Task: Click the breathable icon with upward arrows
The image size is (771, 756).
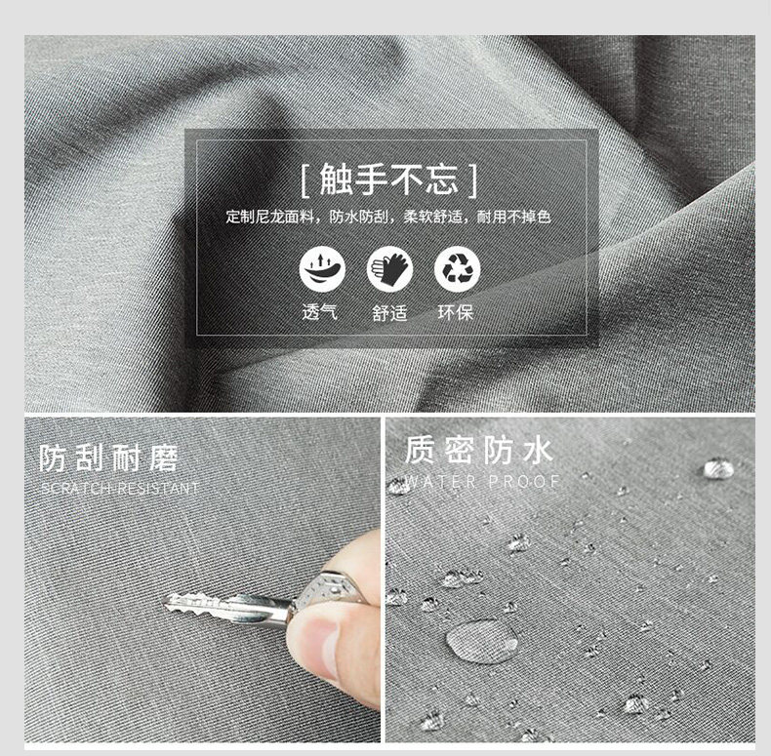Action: tap(323, 269)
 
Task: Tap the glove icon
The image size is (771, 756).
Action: tap(390, 269)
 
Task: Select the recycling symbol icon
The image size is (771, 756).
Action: tap(458, 269)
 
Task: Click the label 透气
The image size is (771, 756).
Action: tap(319, 312)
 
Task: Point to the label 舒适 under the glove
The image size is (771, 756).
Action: tap(389, 313)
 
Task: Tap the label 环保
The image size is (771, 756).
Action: tap(456, 312)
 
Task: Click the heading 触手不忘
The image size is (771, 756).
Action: tap(389, 179)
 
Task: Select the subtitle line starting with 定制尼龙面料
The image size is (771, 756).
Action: tap(388, 217)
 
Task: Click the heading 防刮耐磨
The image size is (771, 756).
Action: tap(108, 458)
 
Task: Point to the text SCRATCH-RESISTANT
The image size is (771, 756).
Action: tap(120, 488)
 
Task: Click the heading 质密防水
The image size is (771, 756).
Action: tap(479, 450)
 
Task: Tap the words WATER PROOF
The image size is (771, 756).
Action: tap(482, 482)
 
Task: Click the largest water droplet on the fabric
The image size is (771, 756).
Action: tap(482, 642)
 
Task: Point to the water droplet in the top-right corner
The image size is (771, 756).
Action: tap(719, 468)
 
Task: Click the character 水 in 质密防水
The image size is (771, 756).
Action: tap(539, 450)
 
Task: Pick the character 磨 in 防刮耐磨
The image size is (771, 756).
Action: tap(163, 458)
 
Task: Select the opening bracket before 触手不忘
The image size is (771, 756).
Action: tap(304, 181)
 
